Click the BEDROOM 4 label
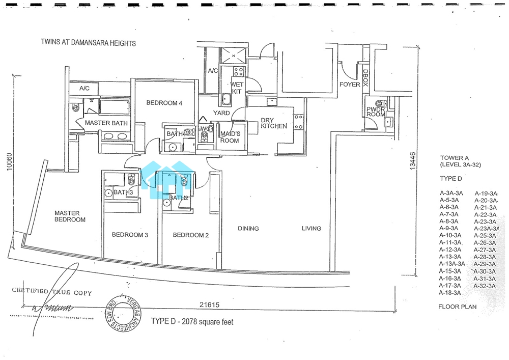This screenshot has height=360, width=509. (x=164, y=103)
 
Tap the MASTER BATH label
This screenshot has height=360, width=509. (x=106, y=123)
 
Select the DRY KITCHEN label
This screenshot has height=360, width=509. (x=273, y=124)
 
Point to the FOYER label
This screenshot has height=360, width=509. (x=350, y=85)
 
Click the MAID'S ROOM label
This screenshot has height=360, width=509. (x=230, y=137)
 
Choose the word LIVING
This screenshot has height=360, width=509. (x=311, y=229)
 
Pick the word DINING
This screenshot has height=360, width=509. (x=248, y=229)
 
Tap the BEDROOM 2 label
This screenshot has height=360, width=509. (x=191, y=235)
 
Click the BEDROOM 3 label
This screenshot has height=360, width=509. (x=130, y=235)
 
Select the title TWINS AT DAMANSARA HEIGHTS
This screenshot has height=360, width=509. (x=89, y=43)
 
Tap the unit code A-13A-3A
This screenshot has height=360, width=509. (x=452, y=264)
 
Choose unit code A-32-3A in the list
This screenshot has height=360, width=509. (x=485, y=286)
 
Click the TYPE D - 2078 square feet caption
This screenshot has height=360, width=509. (x=192, y=322)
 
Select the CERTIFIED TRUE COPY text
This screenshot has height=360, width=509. (x=52, y=292)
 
